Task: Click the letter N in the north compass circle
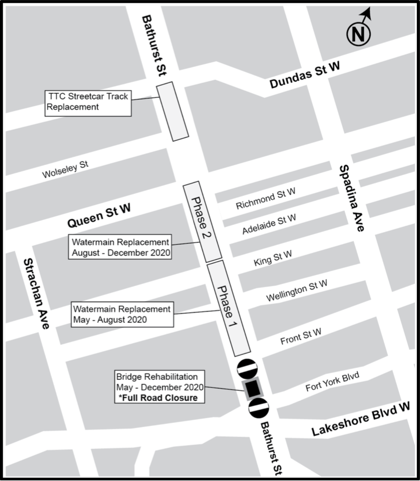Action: pos(358,35)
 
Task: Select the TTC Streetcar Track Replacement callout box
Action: pos(87,102)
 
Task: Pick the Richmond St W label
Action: pos(265,199)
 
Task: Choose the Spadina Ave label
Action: pos(353,197)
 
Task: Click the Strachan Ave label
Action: pos(37,293)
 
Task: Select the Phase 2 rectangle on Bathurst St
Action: pos(203,221)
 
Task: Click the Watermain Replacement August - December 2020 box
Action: pos(120,247)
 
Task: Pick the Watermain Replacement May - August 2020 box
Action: pos(122,314)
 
